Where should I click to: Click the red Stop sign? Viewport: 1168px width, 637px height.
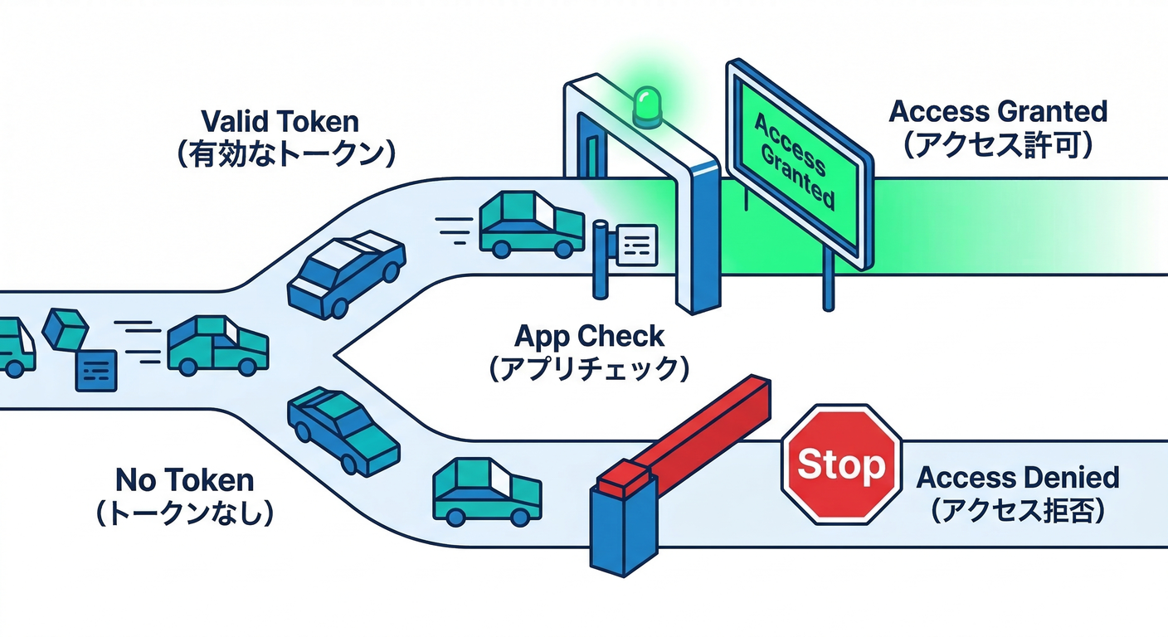842,464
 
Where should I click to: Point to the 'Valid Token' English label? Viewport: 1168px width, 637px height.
280,122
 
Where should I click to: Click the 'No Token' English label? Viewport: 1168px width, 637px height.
184,479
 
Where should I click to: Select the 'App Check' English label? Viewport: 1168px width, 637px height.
589,336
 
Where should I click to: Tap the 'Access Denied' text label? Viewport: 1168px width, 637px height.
1017,478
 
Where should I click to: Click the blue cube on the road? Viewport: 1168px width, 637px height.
65,328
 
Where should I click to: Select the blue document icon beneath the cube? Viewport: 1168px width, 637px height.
95,370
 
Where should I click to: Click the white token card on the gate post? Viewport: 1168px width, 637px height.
636,245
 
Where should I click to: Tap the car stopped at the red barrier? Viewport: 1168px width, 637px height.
486,492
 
